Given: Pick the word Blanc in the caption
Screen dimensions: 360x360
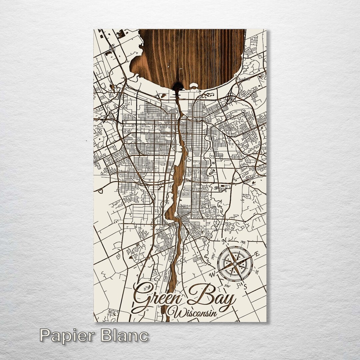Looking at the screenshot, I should click(124, 335).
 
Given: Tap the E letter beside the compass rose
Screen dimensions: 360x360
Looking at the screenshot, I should click(256, 254).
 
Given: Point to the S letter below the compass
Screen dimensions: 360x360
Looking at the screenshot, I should click(245, 286).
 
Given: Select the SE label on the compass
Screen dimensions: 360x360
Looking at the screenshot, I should click(257, 272).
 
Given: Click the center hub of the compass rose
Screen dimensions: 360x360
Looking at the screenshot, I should click(235, 264).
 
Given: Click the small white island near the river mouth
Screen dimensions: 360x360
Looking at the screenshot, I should click(194, 86).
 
